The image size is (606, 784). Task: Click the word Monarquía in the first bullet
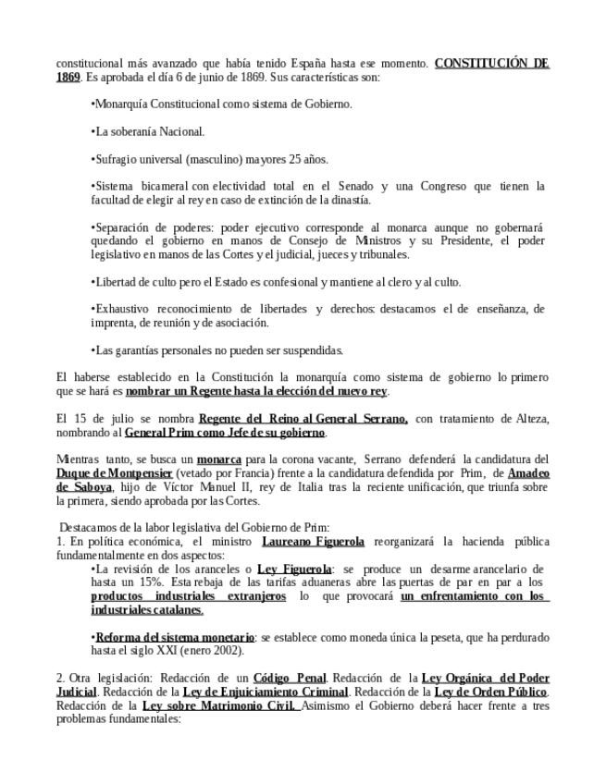(120, 104)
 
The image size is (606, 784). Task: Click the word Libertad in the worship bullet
(115, 282)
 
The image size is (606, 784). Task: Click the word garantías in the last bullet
(134, 350)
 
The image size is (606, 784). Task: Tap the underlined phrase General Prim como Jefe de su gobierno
(225, 433)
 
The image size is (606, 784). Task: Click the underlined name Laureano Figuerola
(313, 542)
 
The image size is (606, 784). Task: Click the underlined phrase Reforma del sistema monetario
(175, 637)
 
